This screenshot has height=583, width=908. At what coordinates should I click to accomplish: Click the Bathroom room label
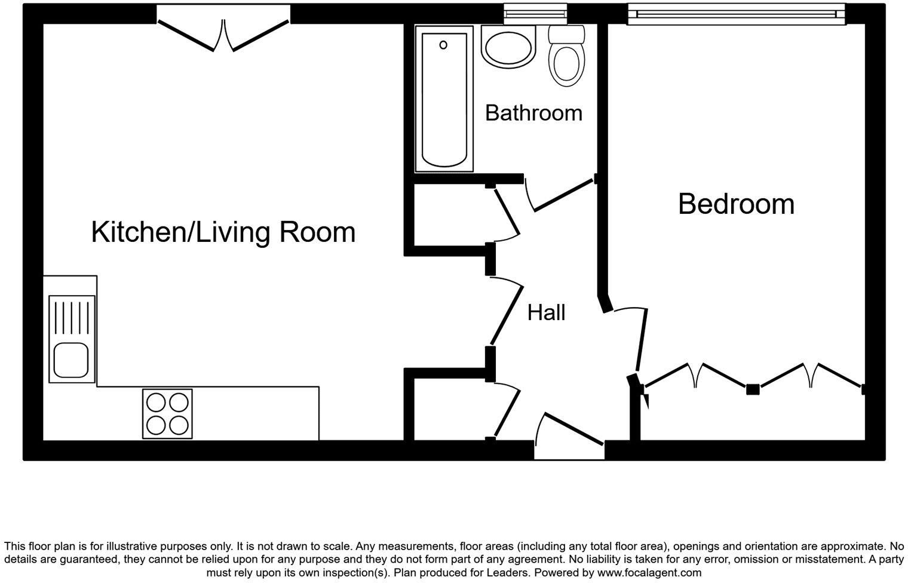pyautogui.click(x=533, y=113)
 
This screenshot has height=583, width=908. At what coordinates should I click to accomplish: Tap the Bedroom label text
pyautogui.click(x=736, y=204)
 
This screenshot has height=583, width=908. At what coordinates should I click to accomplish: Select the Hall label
pyautogui.click(x=546, y=312)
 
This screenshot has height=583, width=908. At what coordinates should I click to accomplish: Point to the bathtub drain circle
pyautogui.click(x=443, y=45)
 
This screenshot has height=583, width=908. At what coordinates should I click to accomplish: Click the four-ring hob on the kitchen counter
pyautogui.click(x=167, y=414)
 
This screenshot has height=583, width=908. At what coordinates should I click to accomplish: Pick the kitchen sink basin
pyautogui.click(x=71, y=360)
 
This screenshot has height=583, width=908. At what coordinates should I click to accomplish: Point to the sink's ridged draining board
pyautogui.click(x=72, y=317)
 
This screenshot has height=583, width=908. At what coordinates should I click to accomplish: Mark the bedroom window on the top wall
pyautogui.click(x=736, y=14)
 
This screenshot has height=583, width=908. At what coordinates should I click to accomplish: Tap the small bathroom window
pyautogui.click(x=535, y=13)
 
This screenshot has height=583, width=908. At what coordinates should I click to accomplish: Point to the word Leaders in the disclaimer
pyautogui.click(x=508, y=572)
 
